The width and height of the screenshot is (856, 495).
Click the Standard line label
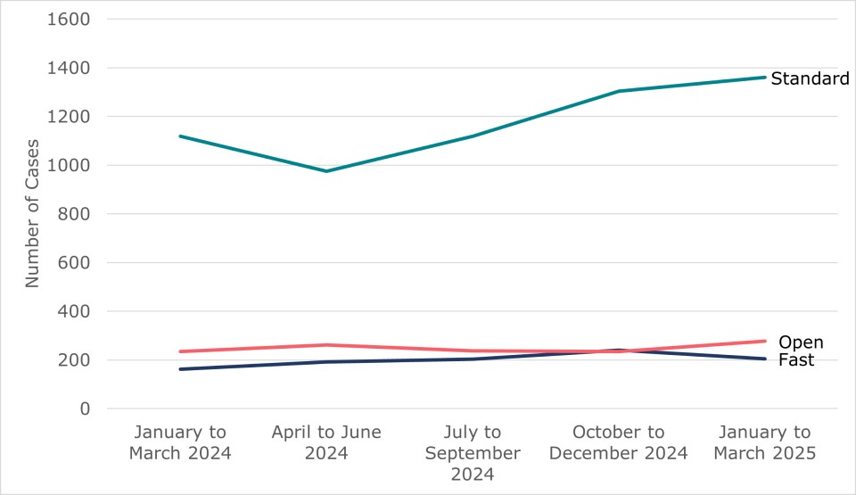[x=810, y=78]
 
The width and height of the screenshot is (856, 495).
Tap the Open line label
[x=801, y=342]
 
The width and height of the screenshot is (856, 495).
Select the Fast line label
[x=796, y=360]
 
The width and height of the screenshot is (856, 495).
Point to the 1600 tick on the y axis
[x=71, y=19]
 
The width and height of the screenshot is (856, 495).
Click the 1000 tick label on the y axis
[x=71, y=165]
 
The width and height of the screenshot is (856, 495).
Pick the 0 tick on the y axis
[x=86, y=409]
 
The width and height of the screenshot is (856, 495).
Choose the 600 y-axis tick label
[x=77, y=263]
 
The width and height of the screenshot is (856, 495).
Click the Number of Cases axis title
[x=33, y=213]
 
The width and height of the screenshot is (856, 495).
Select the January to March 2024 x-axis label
[x=180, y=442]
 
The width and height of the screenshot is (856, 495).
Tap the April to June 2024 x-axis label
[x=326, y=442]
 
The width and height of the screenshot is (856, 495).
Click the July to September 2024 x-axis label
[x=473, y=452]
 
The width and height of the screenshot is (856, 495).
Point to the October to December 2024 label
[x=619, y=442]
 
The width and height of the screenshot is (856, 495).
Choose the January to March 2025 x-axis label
[x=765, y=442]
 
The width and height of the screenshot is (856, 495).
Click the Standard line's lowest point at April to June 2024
[x=326, y=171]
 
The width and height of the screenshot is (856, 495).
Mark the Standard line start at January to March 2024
[x=180, y=136]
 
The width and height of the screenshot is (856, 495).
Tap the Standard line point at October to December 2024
[x=619, y=91]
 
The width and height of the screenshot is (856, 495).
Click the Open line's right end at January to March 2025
[x=765, y=341]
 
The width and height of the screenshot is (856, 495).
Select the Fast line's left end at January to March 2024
[x=180, y=369]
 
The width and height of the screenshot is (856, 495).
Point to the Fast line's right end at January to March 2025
[x=765, y=359]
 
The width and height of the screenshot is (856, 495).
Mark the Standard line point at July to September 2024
[x=473, y=136]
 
